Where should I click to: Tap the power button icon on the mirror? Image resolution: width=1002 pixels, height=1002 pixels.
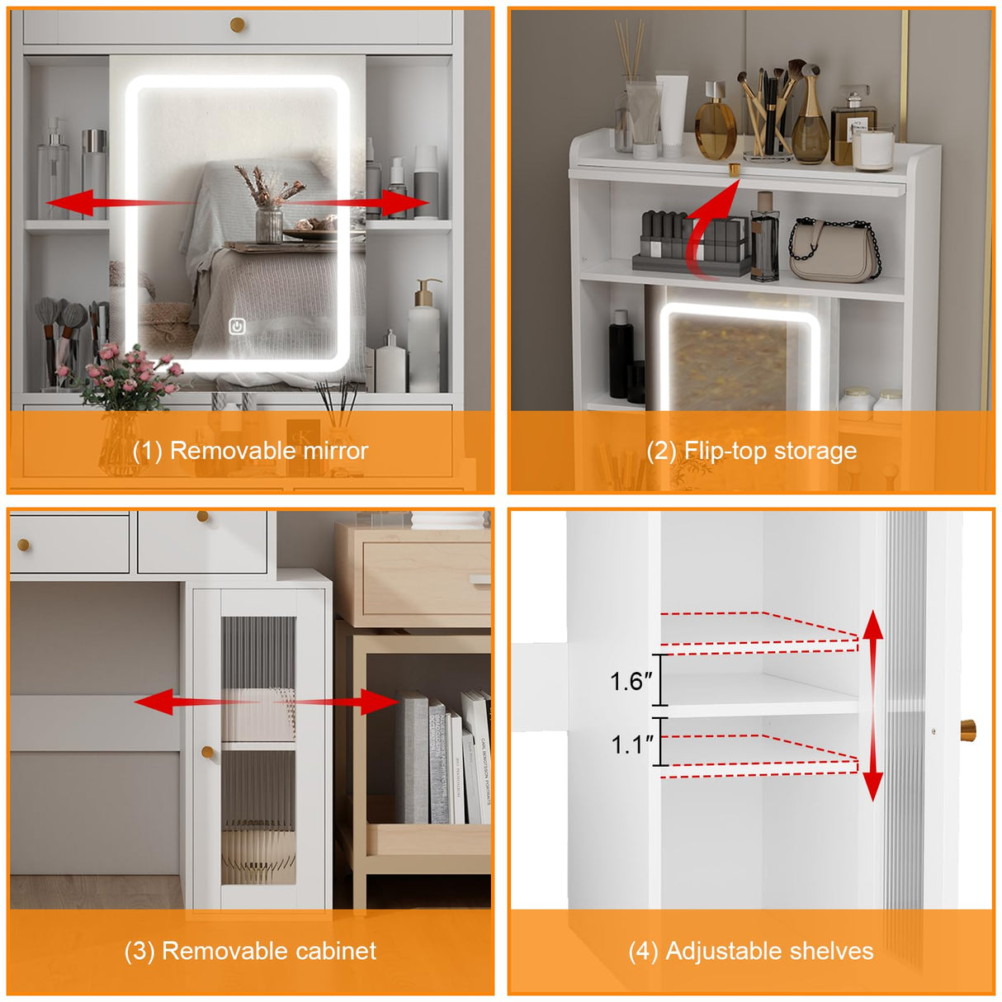[237, 327]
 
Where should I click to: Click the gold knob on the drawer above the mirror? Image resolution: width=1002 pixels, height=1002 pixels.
[237, 24]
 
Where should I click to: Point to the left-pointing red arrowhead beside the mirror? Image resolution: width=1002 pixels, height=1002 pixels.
[69, 202]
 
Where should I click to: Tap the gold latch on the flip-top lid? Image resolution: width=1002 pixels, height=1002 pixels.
[735, 169]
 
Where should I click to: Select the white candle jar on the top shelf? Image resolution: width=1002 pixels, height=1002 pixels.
[873, 150]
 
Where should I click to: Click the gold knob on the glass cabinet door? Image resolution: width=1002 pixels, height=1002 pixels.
[207, 752]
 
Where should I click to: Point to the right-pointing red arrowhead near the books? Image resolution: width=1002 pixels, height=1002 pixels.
[380, 702]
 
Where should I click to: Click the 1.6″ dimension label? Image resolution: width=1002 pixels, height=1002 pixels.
[631, 682]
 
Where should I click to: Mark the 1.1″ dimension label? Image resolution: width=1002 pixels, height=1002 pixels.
[632, 745]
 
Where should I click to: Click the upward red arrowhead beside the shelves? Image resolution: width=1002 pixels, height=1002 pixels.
[873, 626]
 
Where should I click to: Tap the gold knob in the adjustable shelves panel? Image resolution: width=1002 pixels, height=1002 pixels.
[967, 730]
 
